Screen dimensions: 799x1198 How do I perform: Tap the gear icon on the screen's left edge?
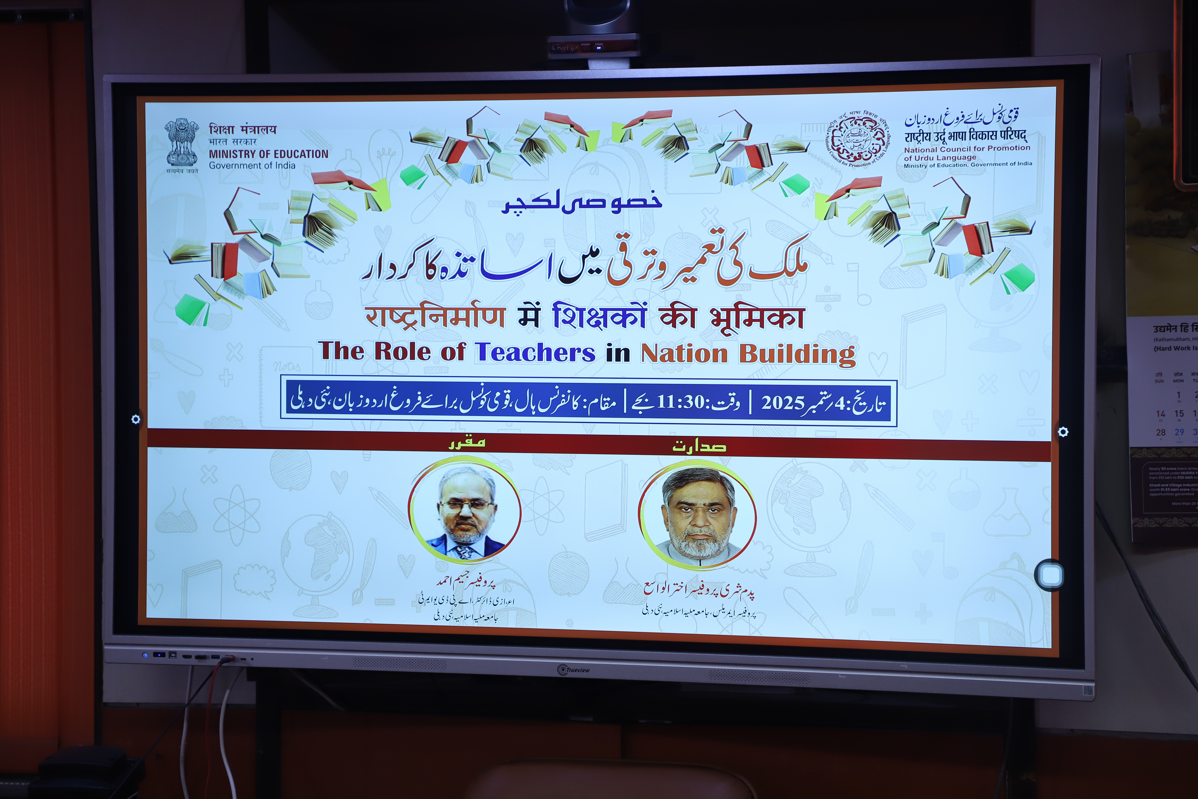click(136, 419)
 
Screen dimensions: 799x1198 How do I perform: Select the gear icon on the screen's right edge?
click(1063, 432)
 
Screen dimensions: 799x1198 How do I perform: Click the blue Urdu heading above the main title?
click(582, 201)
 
